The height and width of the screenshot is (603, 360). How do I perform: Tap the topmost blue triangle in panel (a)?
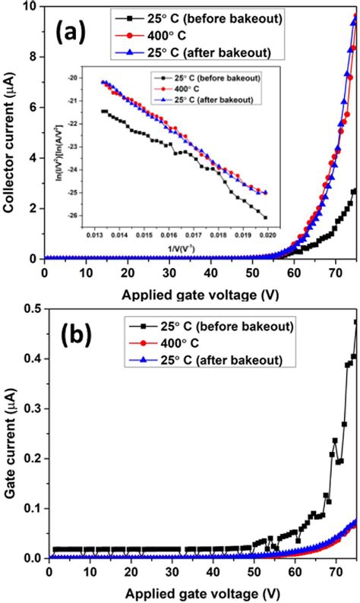(355, 23)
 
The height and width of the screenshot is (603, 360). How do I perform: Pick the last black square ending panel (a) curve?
(354, 191)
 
